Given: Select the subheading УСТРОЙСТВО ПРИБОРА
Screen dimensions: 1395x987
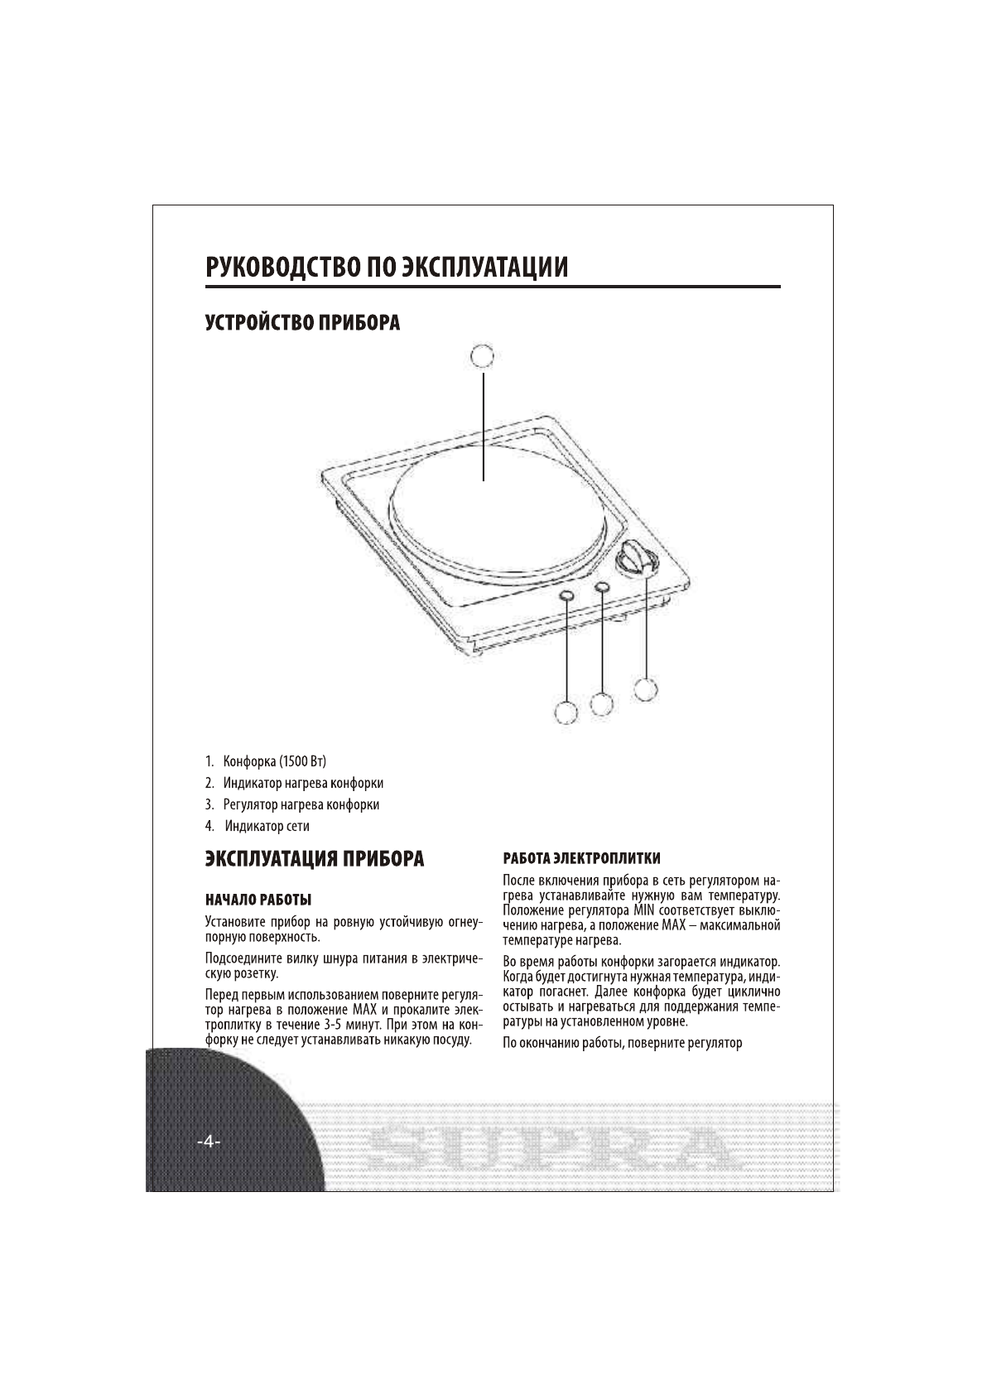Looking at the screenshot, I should pos(303,323).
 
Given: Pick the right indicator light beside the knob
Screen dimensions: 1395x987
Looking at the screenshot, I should pos(602,587).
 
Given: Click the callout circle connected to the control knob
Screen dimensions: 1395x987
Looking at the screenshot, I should pos(646,688).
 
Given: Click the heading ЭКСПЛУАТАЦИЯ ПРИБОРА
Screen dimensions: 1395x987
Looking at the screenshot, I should pos(315,859).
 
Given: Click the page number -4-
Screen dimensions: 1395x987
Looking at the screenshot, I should pos(208,1143).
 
